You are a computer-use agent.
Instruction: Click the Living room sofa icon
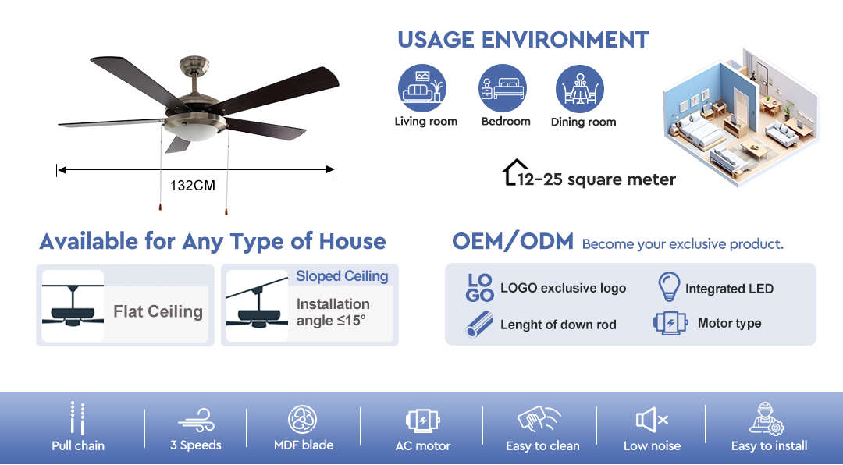pos(422,88)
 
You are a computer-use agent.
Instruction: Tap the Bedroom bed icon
pos(503,88)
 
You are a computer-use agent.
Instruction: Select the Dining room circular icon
pos(580,89)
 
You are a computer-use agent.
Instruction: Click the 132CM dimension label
pos(193,186)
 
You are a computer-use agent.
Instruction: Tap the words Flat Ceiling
pos(158,312)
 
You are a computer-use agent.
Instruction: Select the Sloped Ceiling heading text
pos(342,275)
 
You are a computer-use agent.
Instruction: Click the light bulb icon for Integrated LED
pos(670,286)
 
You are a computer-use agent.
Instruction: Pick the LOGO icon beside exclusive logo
pos(479,288)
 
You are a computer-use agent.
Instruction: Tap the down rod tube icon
pos(479,325)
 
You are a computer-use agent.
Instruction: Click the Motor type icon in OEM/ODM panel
pos(670,323)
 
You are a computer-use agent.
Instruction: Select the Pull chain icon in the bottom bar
pos(78,417)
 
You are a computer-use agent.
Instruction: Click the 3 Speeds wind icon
pos(196,420)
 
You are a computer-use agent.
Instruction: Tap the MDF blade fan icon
pos(303,419)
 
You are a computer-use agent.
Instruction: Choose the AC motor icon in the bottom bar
pos(422,421)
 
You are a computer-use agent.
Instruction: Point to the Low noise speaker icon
pos(652,420)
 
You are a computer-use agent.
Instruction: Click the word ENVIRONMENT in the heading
pos(565,40)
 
